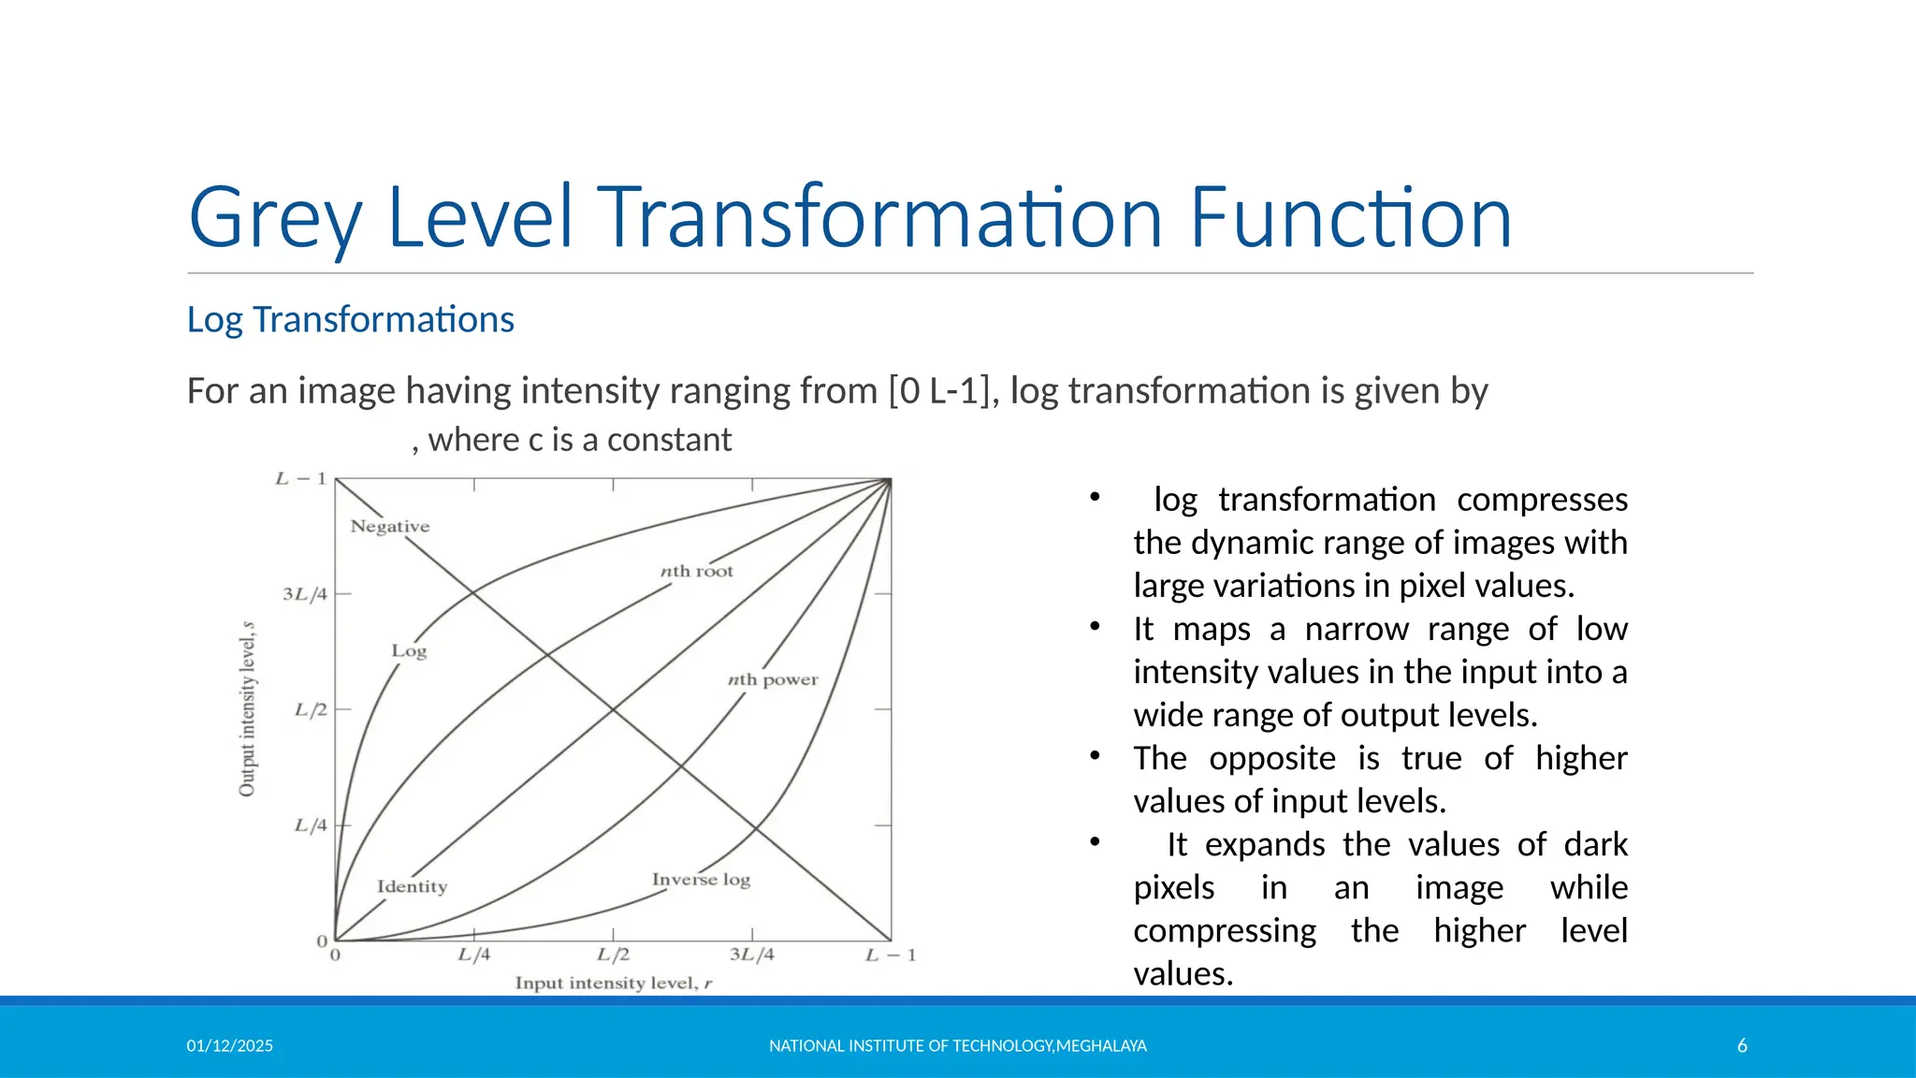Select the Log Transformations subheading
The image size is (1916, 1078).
[350, 320]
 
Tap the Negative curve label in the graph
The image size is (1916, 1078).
[390, 527]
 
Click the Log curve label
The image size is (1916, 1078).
[409, 650]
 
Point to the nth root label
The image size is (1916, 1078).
[697, 571]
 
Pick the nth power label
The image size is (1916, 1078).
[773, 679]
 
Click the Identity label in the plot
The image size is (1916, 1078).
[412, 886]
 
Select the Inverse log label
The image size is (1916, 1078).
[701, 880]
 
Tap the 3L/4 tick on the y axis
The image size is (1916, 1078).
[304, 594]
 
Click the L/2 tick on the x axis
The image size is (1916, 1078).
[613, 954]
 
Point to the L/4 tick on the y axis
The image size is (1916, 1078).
[311, 825]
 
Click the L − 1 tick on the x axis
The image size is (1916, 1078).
[890, 954]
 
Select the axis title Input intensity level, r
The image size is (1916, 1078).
[614, 983]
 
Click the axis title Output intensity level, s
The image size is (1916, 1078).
[247, 709]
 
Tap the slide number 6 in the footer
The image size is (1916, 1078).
[1742, 1045]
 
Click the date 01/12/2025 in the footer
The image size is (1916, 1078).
[229, 1045]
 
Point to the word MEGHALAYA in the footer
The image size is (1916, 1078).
[1101, 1045]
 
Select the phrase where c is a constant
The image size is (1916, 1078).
[579, 440]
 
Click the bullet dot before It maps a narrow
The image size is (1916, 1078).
[1094, 626]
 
